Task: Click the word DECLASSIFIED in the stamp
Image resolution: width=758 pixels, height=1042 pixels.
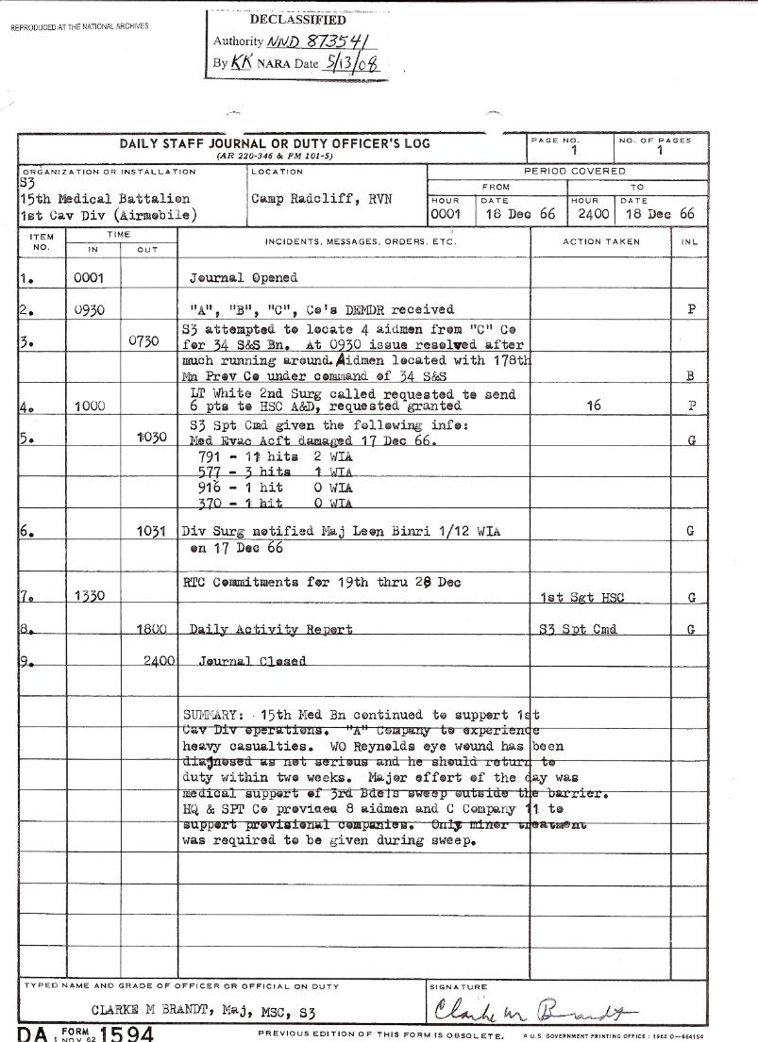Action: [x=298, y=20]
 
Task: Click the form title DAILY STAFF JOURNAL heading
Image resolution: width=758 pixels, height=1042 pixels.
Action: [x=274, y=144]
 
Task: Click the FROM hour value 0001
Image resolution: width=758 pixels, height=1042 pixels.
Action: [x=445, y=214]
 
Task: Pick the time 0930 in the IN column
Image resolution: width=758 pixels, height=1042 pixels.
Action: [x=88, y=309]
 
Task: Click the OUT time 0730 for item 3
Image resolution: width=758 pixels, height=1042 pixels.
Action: [x=143, y=342]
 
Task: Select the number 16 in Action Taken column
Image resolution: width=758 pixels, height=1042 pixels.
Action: [x=593, y=405]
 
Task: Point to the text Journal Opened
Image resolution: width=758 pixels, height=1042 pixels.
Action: [x=244, y=278]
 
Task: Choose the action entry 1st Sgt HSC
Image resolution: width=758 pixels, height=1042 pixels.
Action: [x=581, y=597]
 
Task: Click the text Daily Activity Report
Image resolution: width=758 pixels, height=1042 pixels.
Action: [x=271, y=629]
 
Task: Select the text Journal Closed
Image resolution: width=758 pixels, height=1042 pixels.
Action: [x=252, y=661]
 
